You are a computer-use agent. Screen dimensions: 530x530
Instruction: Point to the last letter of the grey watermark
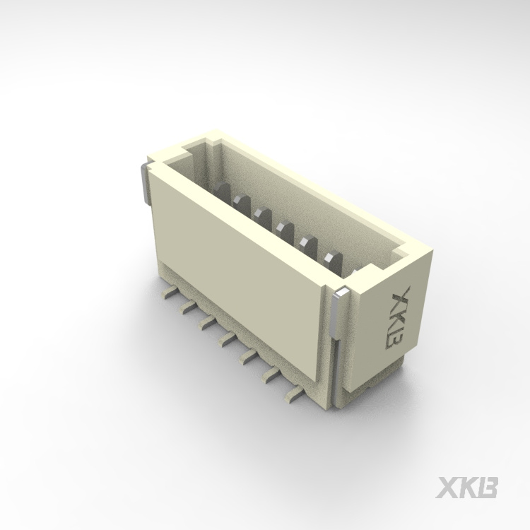pyautogui.click(x=488, y=488)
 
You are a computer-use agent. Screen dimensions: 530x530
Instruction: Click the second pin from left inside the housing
pyautogui.click(x=243, y=206)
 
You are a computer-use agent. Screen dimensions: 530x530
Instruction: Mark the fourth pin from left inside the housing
pyautogui.click(x=285, y=230)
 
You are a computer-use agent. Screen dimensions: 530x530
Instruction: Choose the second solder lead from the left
pyautogui.click(x=188, y=307)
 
